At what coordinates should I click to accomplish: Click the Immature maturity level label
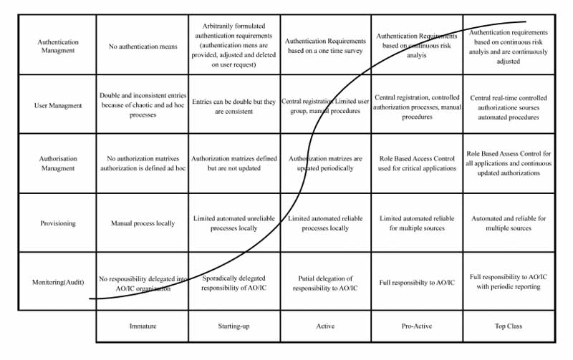(x=143, y=326)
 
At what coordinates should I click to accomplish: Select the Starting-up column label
(x=233, y=326)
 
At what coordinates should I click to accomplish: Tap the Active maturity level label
(x=325, y=326)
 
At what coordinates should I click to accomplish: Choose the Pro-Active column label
(x=417, y=326)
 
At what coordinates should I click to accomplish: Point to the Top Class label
(x=509, y=326)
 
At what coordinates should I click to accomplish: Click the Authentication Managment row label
(x=58, y=46)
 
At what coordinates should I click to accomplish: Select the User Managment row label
(x=58, y=105)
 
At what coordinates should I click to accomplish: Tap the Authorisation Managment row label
(x=58, y=163)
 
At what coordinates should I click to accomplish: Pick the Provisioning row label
(x=58, y=223)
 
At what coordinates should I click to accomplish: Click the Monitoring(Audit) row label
(x=58, y=282)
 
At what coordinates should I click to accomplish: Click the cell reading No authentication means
(x=143, y=47)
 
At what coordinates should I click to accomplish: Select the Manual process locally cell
(x=143, y=223)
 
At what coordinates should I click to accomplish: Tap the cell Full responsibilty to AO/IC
(x=417, y=283)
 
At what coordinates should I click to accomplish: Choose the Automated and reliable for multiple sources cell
(x=509, y=223)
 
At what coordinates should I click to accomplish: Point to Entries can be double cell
(x=233, y=106)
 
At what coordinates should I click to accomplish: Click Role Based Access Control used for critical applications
(x=417, y=163)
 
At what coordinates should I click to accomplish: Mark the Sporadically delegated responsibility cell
(x=233, y=283)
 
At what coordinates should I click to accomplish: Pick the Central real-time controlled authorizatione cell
(x=509, y=107)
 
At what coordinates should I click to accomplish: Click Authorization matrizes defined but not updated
(x=233, y=163)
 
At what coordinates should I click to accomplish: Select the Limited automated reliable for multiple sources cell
(x=417, y=223)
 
